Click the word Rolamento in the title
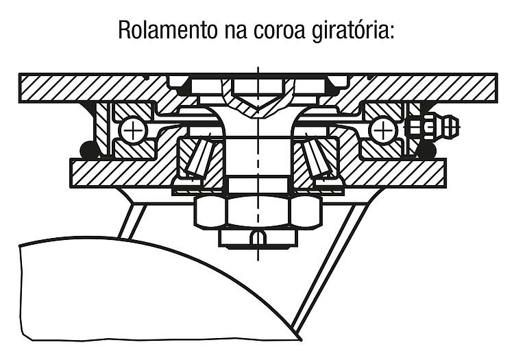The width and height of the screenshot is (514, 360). point(167,30)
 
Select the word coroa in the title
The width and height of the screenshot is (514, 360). point(278,30)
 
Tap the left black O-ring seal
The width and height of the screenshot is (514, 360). point(88,151)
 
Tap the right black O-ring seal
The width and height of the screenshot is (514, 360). point(427,151)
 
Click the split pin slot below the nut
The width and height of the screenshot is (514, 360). point(258,237)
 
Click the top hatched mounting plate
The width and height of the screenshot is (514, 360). point(258,88)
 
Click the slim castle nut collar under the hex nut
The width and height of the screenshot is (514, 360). point(258,237)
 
